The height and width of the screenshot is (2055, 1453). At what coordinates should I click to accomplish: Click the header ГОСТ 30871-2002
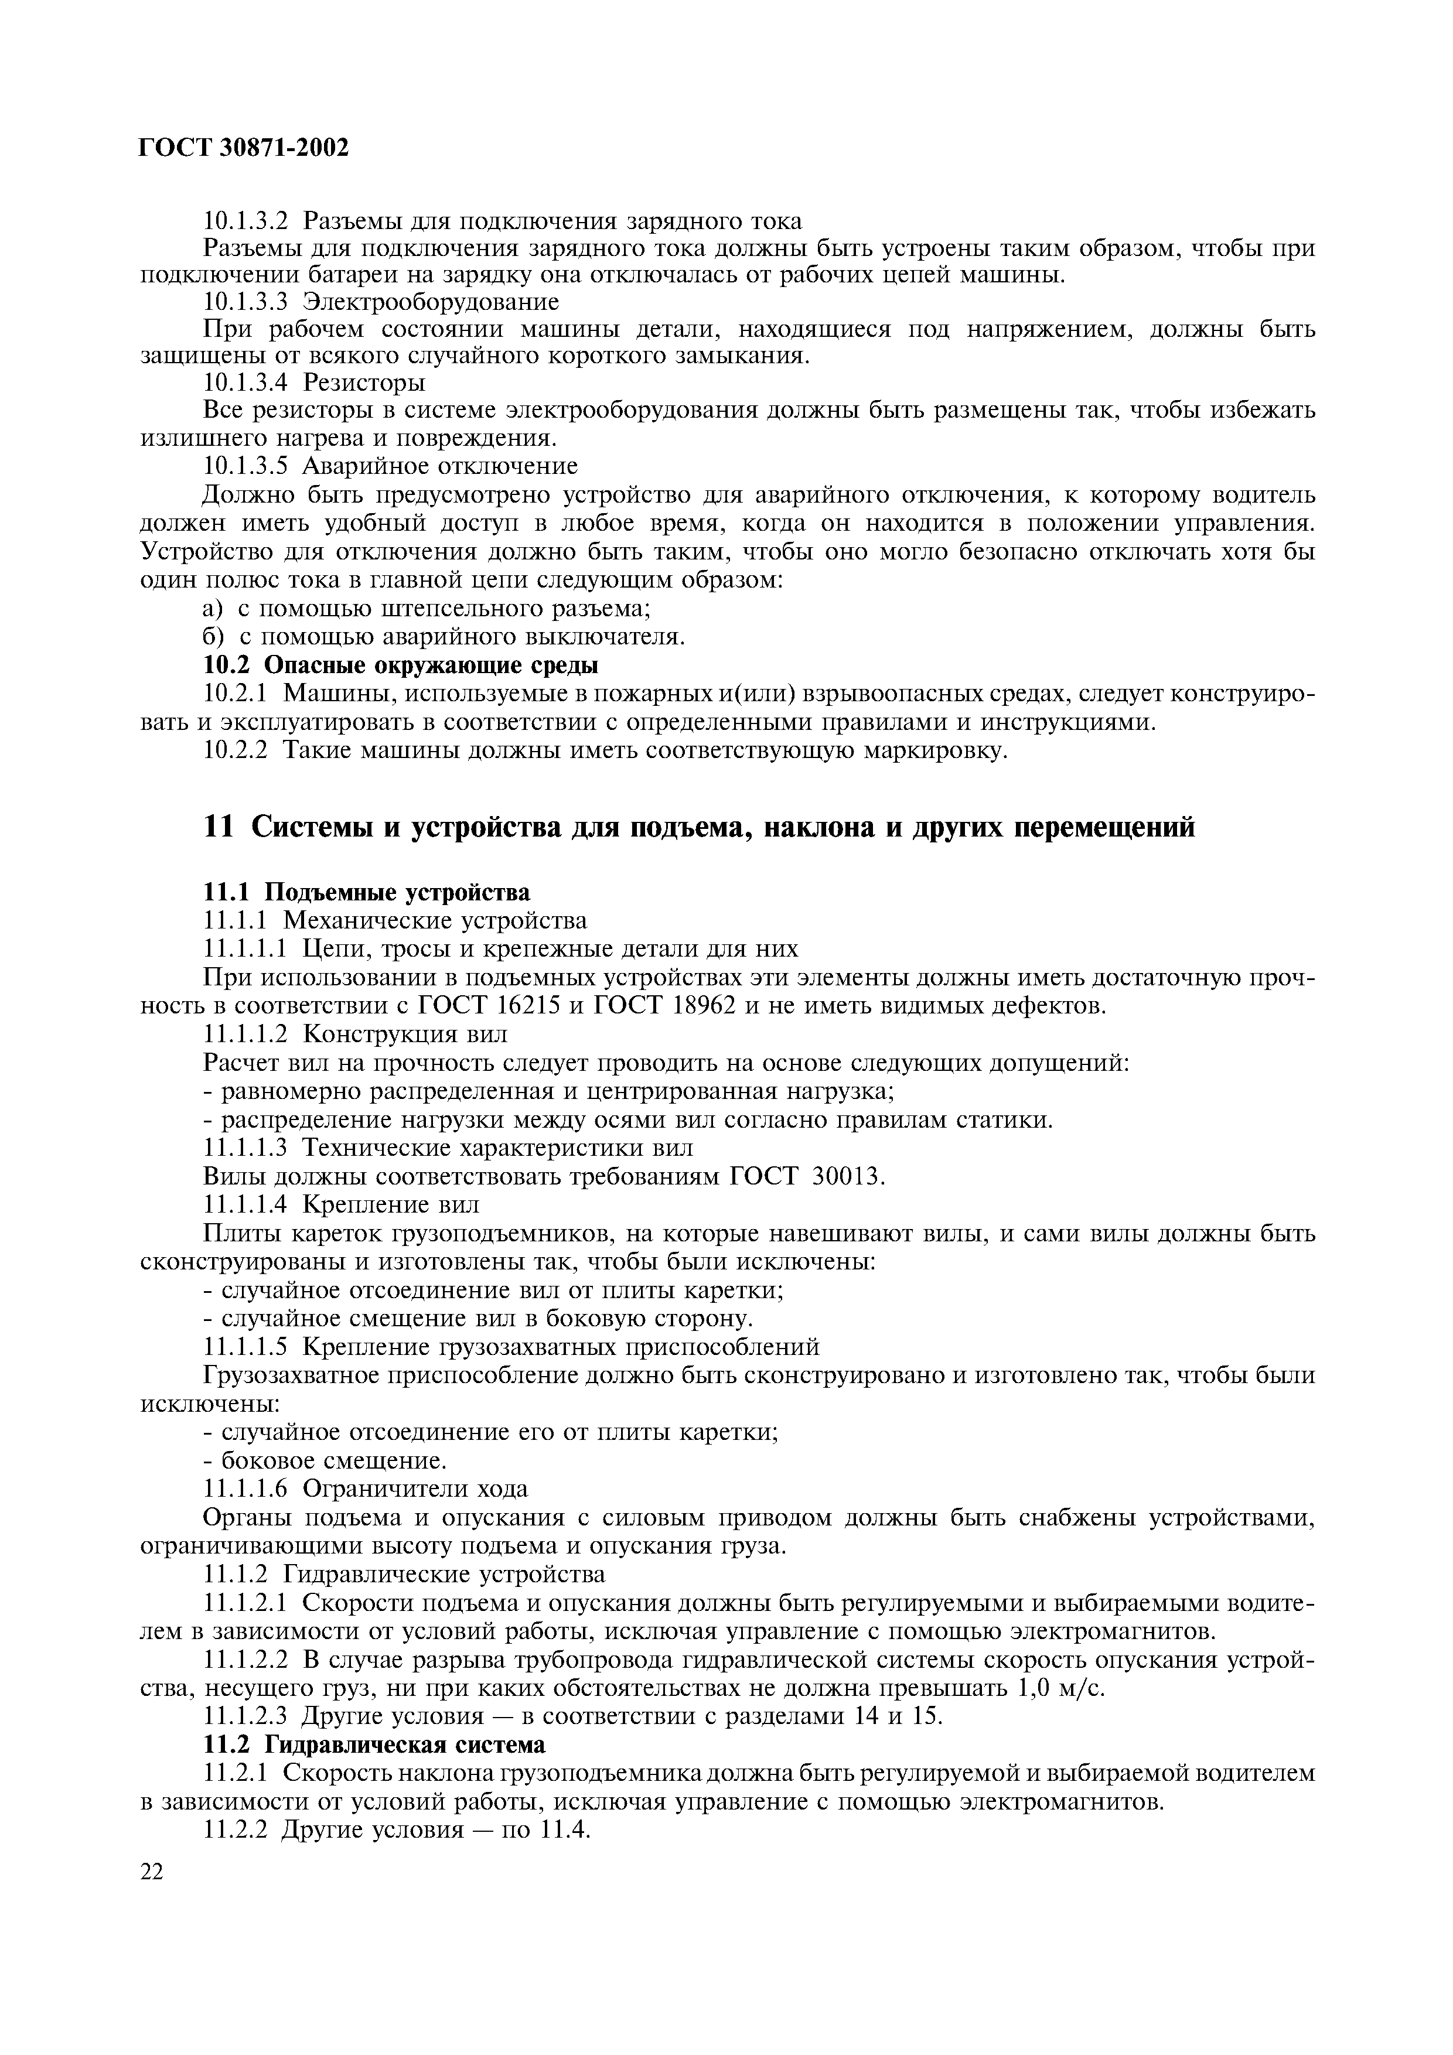click(244, 148)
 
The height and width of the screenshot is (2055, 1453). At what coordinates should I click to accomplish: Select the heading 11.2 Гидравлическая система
click(374, 1745)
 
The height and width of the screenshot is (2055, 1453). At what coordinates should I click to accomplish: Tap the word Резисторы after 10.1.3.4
click(364, 383)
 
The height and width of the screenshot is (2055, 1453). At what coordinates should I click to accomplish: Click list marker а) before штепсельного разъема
click(212, 609)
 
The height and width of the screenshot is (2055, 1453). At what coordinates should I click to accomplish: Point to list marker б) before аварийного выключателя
click(212, 637)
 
